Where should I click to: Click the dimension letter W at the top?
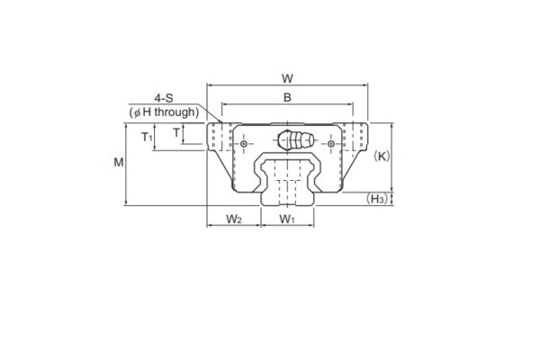click(x=287, y=77)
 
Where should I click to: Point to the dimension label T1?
click(x=147, y=137)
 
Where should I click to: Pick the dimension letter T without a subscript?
click(x=176, y=132)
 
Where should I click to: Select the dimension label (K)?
click(x=382, y=156)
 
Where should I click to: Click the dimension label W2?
click(x=234, y=219)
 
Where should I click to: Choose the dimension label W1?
click(x=287, y=219)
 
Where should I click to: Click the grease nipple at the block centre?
click(x=294, y=142)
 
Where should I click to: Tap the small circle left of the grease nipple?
click(x=244, y=144)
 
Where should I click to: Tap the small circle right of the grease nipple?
click(x=331, y=144)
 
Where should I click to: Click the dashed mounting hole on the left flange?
click(x=215, y=138)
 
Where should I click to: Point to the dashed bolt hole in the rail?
click(x=287, y=190)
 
